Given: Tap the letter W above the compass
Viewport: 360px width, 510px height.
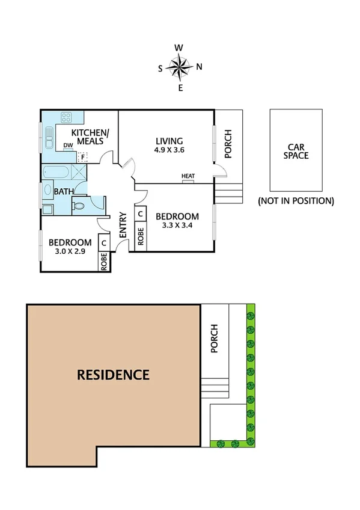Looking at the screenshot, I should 179,48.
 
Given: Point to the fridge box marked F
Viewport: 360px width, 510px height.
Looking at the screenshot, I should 84,157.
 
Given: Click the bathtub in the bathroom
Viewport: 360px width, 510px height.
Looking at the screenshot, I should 56,173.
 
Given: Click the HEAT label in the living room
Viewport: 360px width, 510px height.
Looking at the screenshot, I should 188,177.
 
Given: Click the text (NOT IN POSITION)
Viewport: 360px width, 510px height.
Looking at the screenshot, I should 296,201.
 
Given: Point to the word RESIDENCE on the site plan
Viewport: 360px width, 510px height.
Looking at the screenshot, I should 113,375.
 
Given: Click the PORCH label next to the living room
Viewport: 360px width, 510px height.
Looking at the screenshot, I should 228,144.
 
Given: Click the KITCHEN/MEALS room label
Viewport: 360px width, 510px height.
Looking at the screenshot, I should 88,137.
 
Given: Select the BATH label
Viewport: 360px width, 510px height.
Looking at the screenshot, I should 63,192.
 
